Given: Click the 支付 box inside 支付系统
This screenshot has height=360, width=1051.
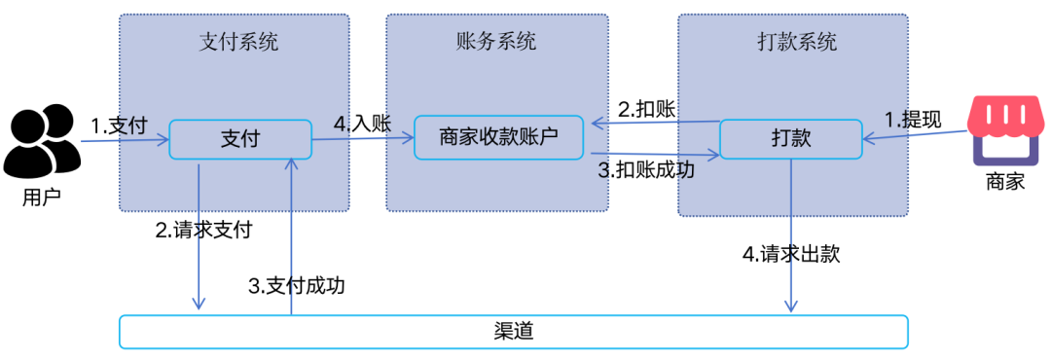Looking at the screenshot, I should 239,139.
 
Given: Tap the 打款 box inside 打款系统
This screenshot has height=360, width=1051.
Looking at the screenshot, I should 790,139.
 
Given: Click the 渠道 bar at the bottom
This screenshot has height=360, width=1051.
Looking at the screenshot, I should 513,331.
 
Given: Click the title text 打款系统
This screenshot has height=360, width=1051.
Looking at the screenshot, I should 796,43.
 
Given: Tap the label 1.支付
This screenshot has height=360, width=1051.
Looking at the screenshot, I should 119,126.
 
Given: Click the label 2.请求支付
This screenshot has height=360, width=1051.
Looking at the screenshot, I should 204,231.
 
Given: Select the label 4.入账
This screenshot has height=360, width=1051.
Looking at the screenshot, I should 362,124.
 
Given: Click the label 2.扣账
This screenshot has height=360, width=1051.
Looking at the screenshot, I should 647,108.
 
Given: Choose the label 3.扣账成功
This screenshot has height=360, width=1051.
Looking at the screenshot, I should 646,169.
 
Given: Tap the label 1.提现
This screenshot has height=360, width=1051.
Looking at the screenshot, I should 913,120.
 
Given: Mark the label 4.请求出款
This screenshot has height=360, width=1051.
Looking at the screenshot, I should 790,255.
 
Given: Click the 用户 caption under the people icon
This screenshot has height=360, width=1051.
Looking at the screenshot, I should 42,198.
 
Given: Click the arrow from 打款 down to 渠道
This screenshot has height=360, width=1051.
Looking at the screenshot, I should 790,234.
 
